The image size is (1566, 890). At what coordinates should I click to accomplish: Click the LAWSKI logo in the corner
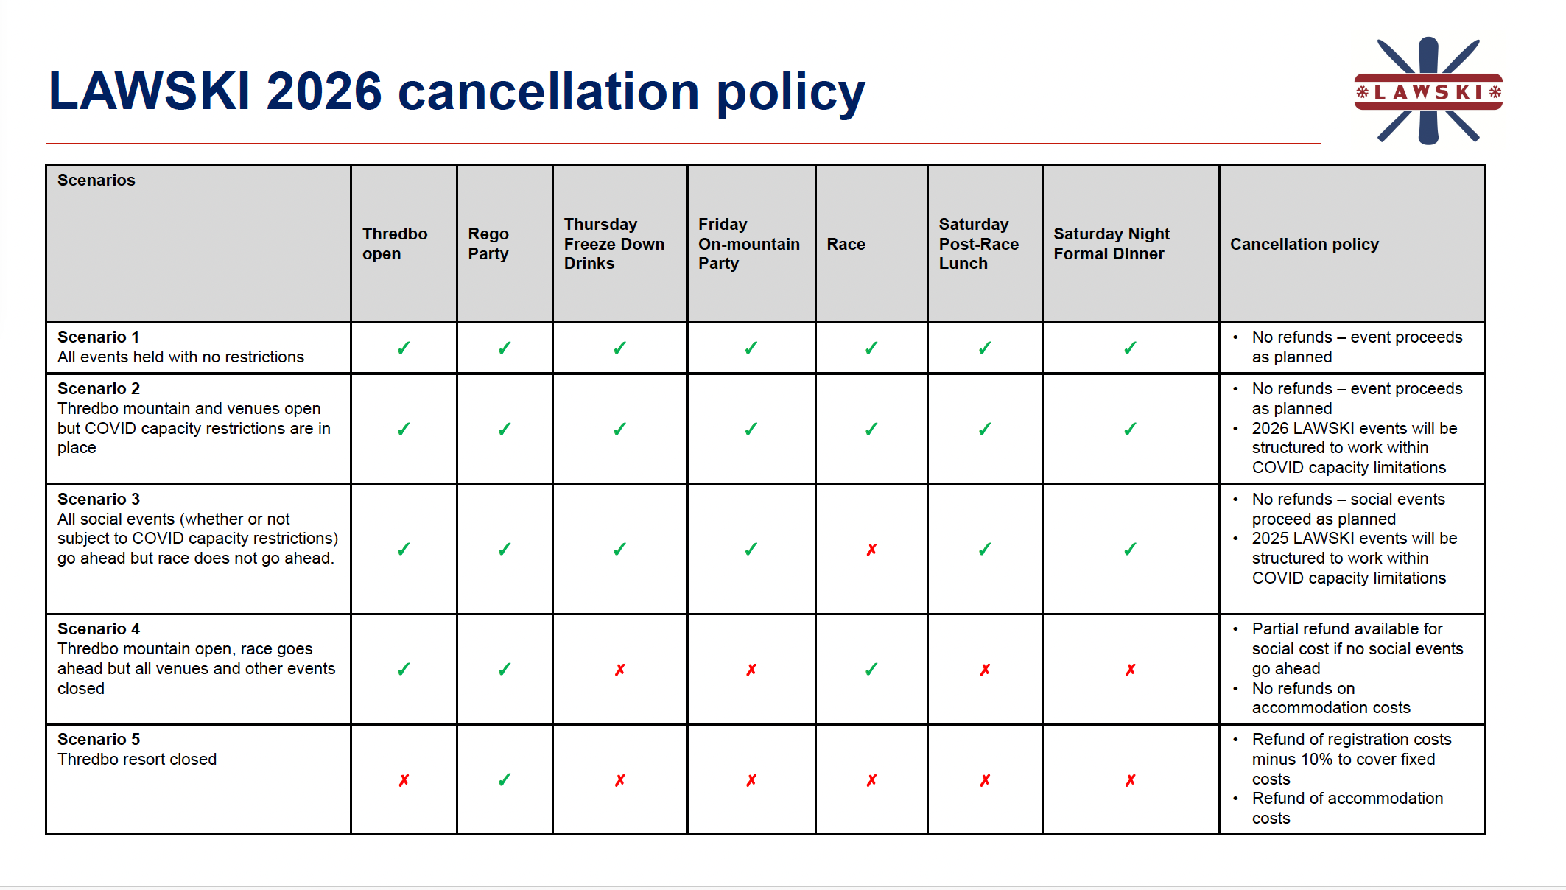(x=1428, y=91)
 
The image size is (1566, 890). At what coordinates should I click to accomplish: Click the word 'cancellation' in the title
(x=549, y=91)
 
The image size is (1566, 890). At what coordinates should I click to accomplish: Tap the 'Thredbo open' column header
(x=395, y=244)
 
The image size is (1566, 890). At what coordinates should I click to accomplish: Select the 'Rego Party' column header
(x=488, y=244)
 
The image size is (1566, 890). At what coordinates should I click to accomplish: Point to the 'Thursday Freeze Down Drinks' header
(x=614, y=244)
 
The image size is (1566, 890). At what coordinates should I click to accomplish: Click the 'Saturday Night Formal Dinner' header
(x=1112, y=244)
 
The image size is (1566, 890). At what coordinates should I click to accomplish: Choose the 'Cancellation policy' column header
(x=1305, y=244)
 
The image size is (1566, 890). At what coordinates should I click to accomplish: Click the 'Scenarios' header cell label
(x=96, y=180)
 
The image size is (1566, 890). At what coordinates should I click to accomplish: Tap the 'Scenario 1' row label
(x=98, y=337)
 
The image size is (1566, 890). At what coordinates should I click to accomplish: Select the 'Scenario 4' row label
(x=99, y=628)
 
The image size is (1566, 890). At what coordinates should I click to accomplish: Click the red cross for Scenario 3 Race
(x=871, y=550)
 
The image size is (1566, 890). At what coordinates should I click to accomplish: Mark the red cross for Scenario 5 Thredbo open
(x=404, y=780)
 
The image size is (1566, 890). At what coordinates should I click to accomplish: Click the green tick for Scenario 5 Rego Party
(x=505, y=779)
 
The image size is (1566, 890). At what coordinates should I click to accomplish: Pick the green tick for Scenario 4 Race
(x=871, y=669)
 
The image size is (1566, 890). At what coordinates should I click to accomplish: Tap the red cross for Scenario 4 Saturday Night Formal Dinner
(x=1131, y=670)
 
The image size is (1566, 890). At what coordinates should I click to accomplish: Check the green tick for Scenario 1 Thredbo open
(x=404, y=348)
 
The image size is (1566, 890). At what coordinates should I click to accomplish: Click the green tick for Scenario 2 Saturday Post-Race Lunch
(x=985, y=429)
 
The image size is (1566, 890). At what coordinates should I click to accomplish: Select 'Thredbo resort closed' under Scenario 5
(x=137, y=759)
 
